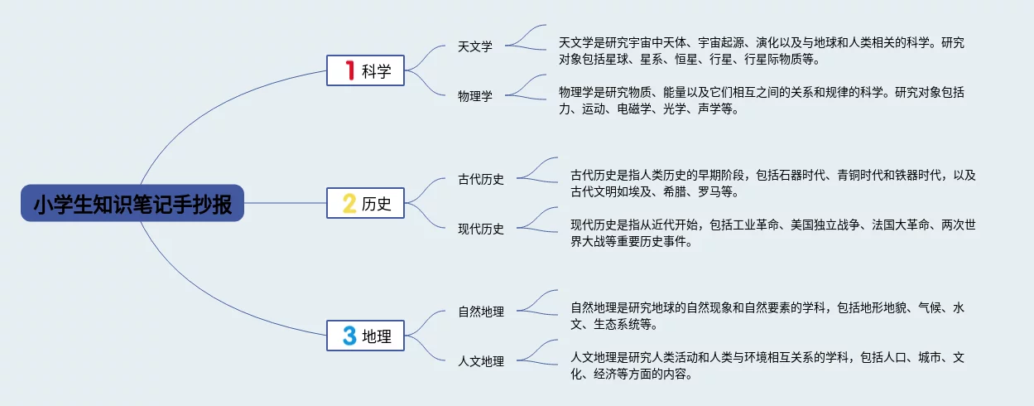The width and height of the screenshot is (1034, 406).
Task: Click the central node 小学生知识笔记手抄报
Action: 132,204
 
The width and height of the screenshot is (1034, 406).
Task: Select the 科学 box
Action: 365,71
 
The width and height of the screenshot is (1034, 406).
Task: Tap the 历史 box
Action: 365,203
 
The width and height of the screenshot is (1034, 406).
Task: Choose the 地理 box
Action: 365,336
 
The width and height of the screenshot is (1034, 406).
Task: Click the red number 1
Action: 349,71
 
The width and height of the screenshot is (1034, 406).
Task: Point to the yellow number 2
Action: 349,203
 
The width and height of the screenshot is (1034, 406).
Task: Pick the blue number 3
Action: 349,336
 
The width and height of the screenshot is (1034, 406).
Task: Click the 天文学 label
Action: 475,46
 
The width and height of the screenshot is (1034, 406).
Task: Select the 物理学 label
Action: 475,96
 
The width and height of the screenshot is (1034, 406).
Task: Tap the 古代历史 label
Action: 481,179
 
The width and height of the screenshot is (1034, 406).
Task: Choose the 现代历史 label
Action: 481,229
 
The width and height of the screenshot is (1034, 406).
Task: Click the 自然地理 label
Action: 481,312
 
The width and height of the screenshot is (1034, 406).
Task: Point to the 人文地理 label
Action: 481,361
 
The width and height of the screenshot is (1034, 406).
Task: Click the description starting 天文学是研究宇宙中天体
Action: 762,51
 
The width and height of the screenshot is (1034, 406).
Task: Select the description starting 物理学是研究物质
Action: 762,100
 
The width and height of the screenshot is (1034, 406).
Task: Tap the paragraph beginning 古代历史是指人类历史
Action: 773,183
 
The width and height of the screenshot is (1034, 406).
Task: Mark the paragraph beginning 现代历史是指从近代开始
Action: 773,233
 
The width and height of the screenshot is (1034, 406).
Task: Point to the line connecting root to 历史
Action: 286,203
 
